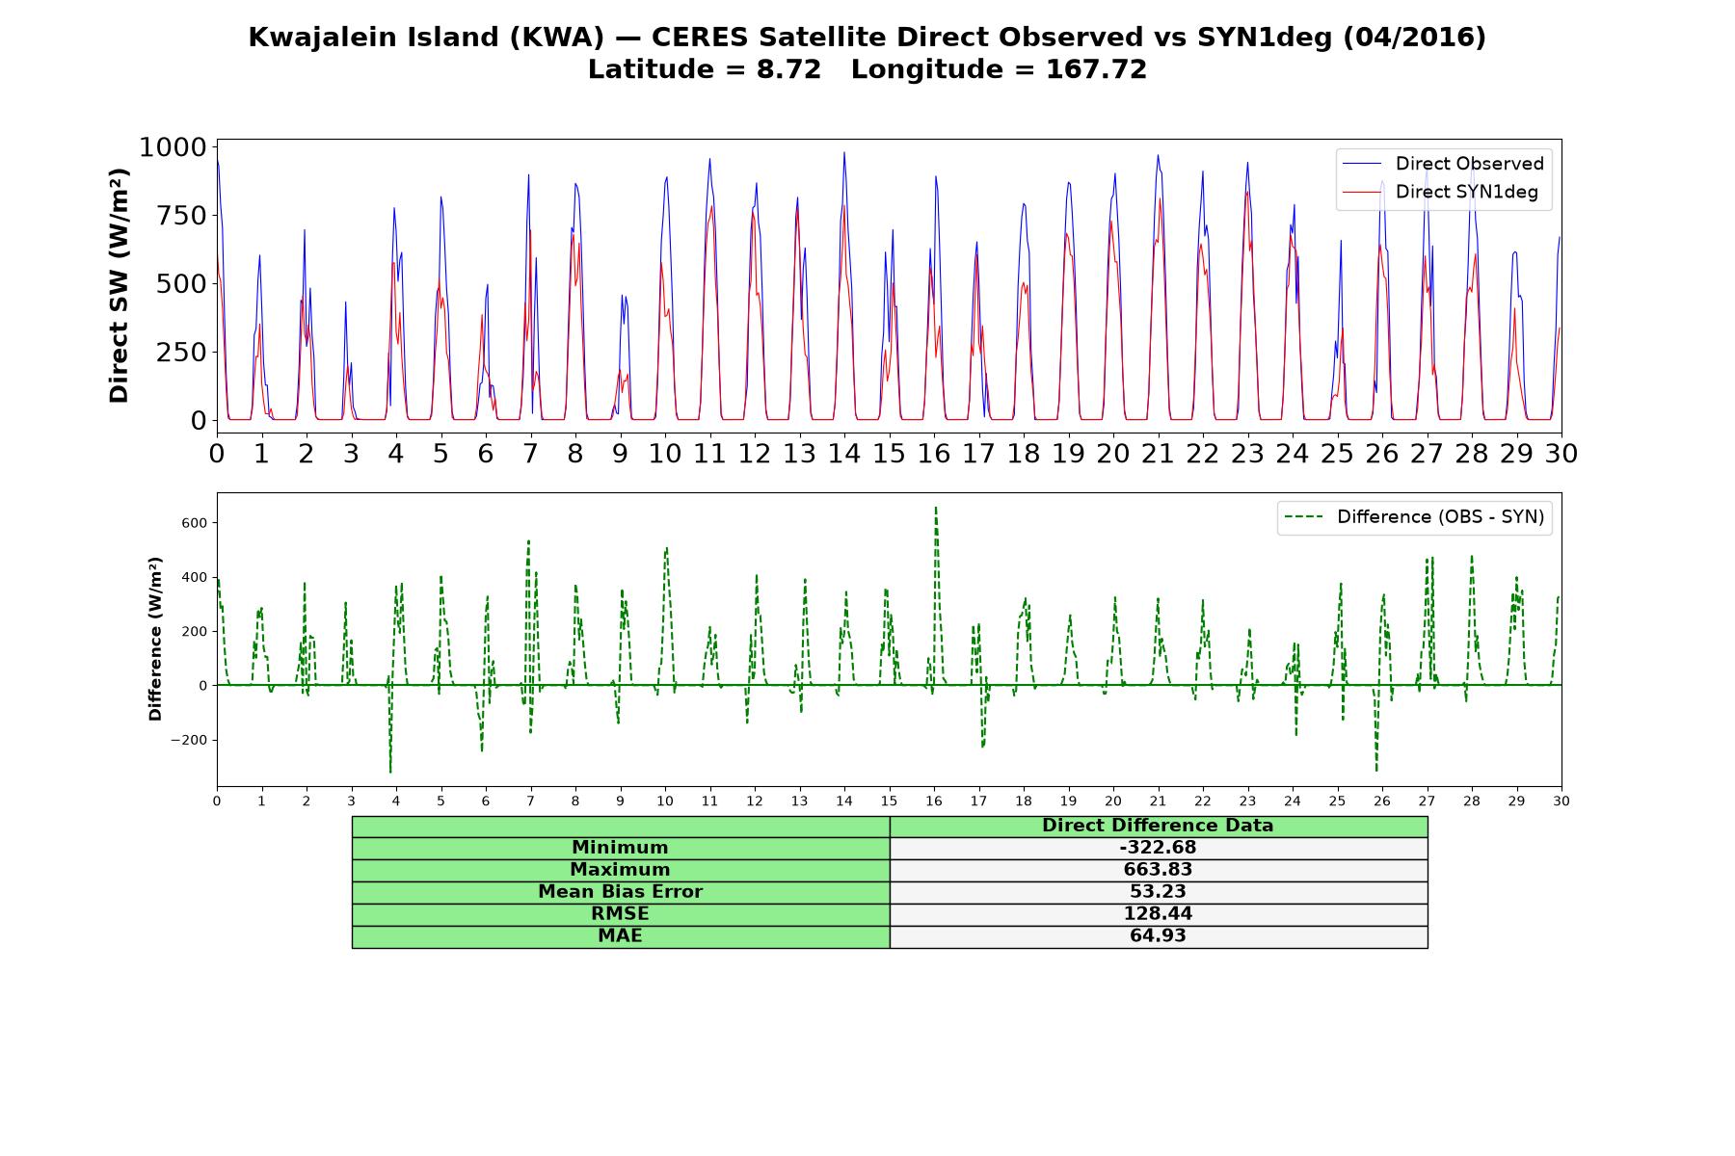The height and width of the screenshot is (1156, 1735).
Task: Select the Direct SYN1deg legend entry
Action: (1440, 192)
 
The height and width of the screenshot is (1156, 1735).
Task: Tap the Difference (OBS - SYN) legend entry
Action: (1415, 517)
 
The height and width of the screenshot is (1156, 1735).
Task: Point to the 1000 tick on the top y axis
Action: (173, 146)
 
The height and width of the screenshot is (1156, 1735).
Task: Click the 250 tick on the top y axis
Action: (182, 352)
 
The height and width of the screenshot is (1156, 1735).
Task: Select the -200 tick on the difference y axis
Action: (189, 740)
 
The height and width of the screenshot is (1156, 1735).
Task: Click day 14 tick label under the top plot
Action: (844, 454)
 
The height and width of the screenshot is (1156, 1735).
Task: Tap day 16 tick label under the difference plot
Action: (934, 801)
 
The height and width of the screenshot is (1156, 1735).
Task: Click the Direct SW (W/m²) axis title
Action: (119, 286)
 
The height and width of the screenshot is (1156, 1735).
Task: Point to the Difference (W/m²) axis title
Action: (155, 639)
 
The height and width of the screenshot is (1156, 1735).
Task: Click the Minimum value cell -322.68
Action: (1158, 848)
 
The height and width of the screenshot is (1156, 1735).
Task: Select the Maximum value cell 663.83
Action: (1158, 870)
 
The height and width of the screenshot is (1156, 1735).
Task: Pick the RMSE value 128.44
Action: (1158, 914)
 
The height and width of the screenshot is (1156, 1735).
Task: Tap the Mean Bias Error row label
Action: (620, 892)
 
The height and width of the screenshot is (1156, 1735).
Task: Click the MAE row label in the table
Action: (620, 936)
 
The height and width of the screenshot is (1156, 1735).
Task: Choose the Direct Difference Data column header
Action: (1158, 826)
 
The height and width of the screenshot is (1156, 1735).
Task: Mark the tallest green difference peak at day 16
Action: (935, 508)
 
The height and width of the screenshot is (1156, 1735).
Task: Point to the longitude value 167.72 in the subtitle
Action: (1096, 69)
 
